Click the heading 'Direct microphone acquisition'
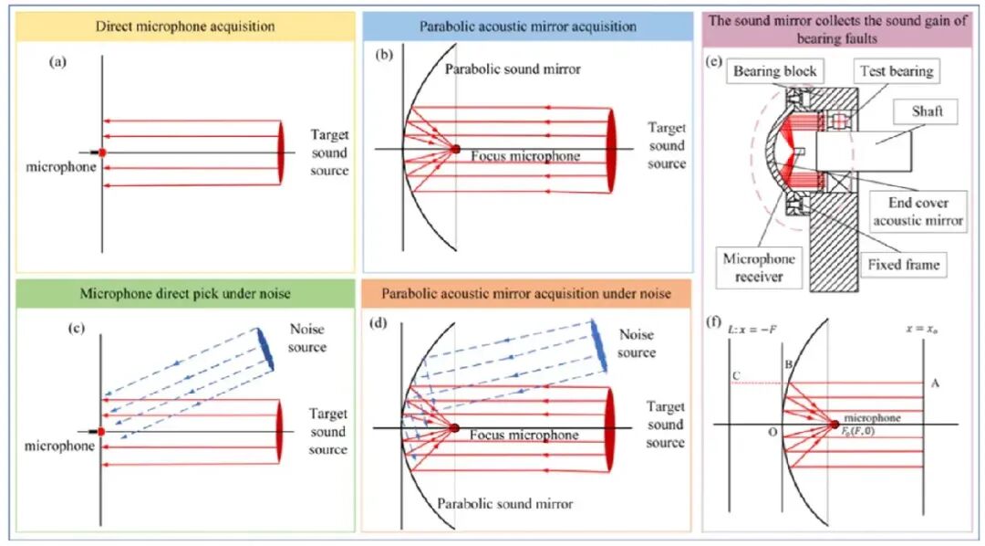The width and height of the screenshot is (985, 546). pos(185,26)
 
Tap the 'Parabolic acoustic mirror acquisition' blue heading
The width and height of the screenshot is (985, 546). pos(528,26)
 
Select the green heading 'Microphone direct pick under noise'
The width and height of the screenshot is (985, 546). pos(185,294)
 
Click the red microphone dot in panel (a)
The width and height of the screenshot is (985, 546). pos(102,152)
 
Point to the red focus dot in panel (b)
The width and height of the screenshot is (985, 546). pos(455,149)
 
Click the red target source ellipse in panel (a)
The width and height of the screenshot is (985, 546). pos(280,152)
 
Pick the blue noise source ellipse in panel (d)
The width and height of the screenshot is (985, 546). pos(598,345)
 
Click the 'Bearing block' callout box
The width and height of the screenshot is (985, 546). pos(774,71)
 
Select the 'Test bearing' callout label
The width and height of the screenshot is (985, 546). pos(897,71)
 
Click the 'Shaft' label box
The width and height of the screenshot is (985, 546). pos(928,111)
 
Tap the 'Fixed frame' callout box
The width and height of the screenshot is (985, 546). pos(903,265)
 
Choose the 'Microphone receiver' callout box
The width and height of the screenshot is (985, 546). pos(759,268)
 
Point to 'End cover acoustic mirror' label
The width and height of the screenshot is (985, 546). pos(918,211)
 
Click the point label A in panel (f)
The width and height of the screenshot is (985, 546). pos(935,383)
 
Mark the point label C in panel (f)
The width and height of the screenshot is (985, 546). pos(736,375)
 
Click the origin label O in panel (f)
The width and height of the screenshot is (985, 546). pos(772,432)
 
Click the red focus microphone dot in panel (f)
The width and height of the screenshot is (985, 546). pos(835,425)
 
